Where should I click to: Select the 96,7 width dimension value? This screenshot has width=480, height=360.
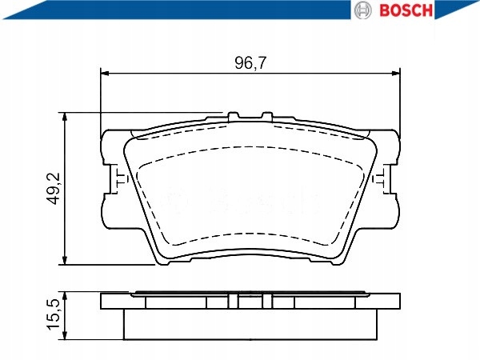coord(250,61)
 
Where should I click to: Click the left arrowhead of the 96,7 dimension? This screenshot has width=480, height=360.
coord(104,74)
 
